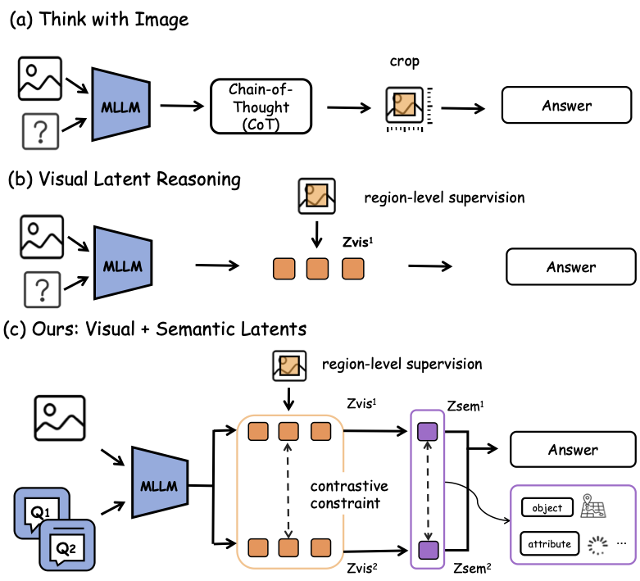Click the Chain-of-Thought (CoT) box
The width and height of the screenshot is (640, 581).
tap(261, 107)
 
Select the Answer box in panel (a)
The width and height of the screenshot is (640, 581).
tap(566, 105)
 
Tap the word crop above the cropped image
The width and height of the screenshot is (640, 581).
tap(404, 61)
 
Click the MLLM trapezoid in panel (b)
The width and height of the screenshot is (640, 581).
tap(122, 262)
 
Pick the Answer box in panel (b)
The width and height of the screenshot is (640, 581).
tap(571, 266)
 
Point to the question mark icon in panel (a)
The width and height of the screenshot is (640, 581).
tap(40, 131)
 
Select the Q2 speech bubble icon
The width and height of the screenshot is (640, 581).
tap(67, 546)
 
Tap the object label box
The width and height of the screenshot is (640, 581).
tap(547, 507)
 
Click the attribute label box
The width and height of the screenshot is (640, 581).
tap(549, 543)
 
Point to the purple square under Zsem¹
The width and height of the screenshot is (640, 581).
tap(427, 432)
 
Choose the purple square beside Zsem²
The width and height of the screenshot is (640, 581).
tap(428, 550)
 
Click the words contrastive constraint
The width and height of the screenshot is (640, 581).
tap(348, 494)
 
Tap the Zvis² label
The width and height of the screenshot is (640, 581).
tap(361, 568)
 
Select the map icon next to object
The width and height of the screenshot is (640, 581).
tap(592, 506)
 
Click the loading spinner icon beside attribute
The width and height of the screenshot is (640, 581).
tap(597, 545)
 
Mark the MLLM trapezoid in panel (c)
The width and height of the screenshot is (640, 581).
tap(160, 482)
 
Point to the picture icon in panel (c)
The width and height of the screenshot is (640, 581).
tap(60, 418)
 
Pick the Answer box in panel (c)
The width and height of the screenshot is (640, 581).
tap(573, 449)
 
